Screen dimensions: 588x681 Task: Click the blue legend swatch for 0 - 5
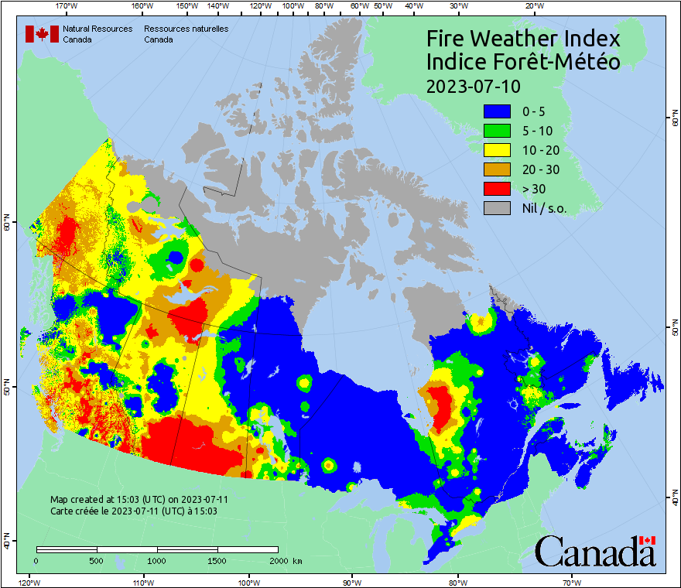498,112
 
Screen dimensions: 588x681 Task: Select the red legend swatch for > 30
498,189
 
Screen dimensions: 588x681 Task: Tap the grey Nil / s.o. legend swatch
498,208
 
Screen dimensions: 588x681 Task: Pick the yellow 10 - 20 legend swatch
498,150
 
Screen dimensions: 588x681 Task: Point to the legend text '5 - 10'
536,132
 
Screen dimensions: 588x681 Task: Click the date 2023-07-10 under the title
474,85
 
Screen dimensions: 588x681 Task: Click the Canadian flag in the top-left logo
42,34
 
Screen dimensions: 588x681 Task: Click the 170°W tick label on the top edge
67,6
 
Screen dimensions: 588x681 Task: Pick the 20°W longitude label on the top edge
532,6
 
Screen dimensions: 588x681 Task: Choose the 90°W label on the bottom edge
352,581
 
